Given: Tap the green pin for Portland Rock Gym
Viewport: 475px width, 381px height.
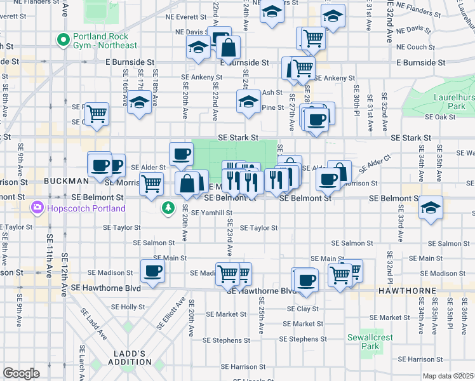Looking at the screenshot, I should pos(63,40).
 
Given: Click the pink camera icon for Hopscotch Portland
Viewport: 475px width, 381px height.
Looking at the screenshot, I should pos(37,208).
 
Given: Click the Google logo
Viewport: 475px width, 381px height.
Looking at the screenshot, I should pos(21,373).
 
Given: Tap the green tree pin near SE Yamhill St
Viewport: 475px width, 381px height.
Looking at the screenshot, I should pos(168,208).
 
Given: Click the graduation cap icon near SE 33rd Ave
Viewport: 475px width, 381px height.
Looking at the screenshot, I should pos(431,208).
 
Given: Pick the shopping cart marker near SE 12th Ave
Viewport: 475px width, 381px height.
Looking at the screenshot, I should pos(97,114).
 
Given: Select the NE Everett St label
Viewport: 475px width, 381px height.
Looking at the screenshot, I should pos(185,17).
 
